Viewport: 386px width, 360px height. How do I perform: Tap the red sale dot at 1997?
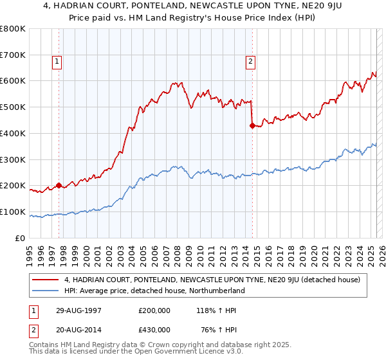(59, 186)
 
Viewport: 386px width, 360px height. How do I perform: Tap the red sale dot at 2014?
(252, 125)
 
